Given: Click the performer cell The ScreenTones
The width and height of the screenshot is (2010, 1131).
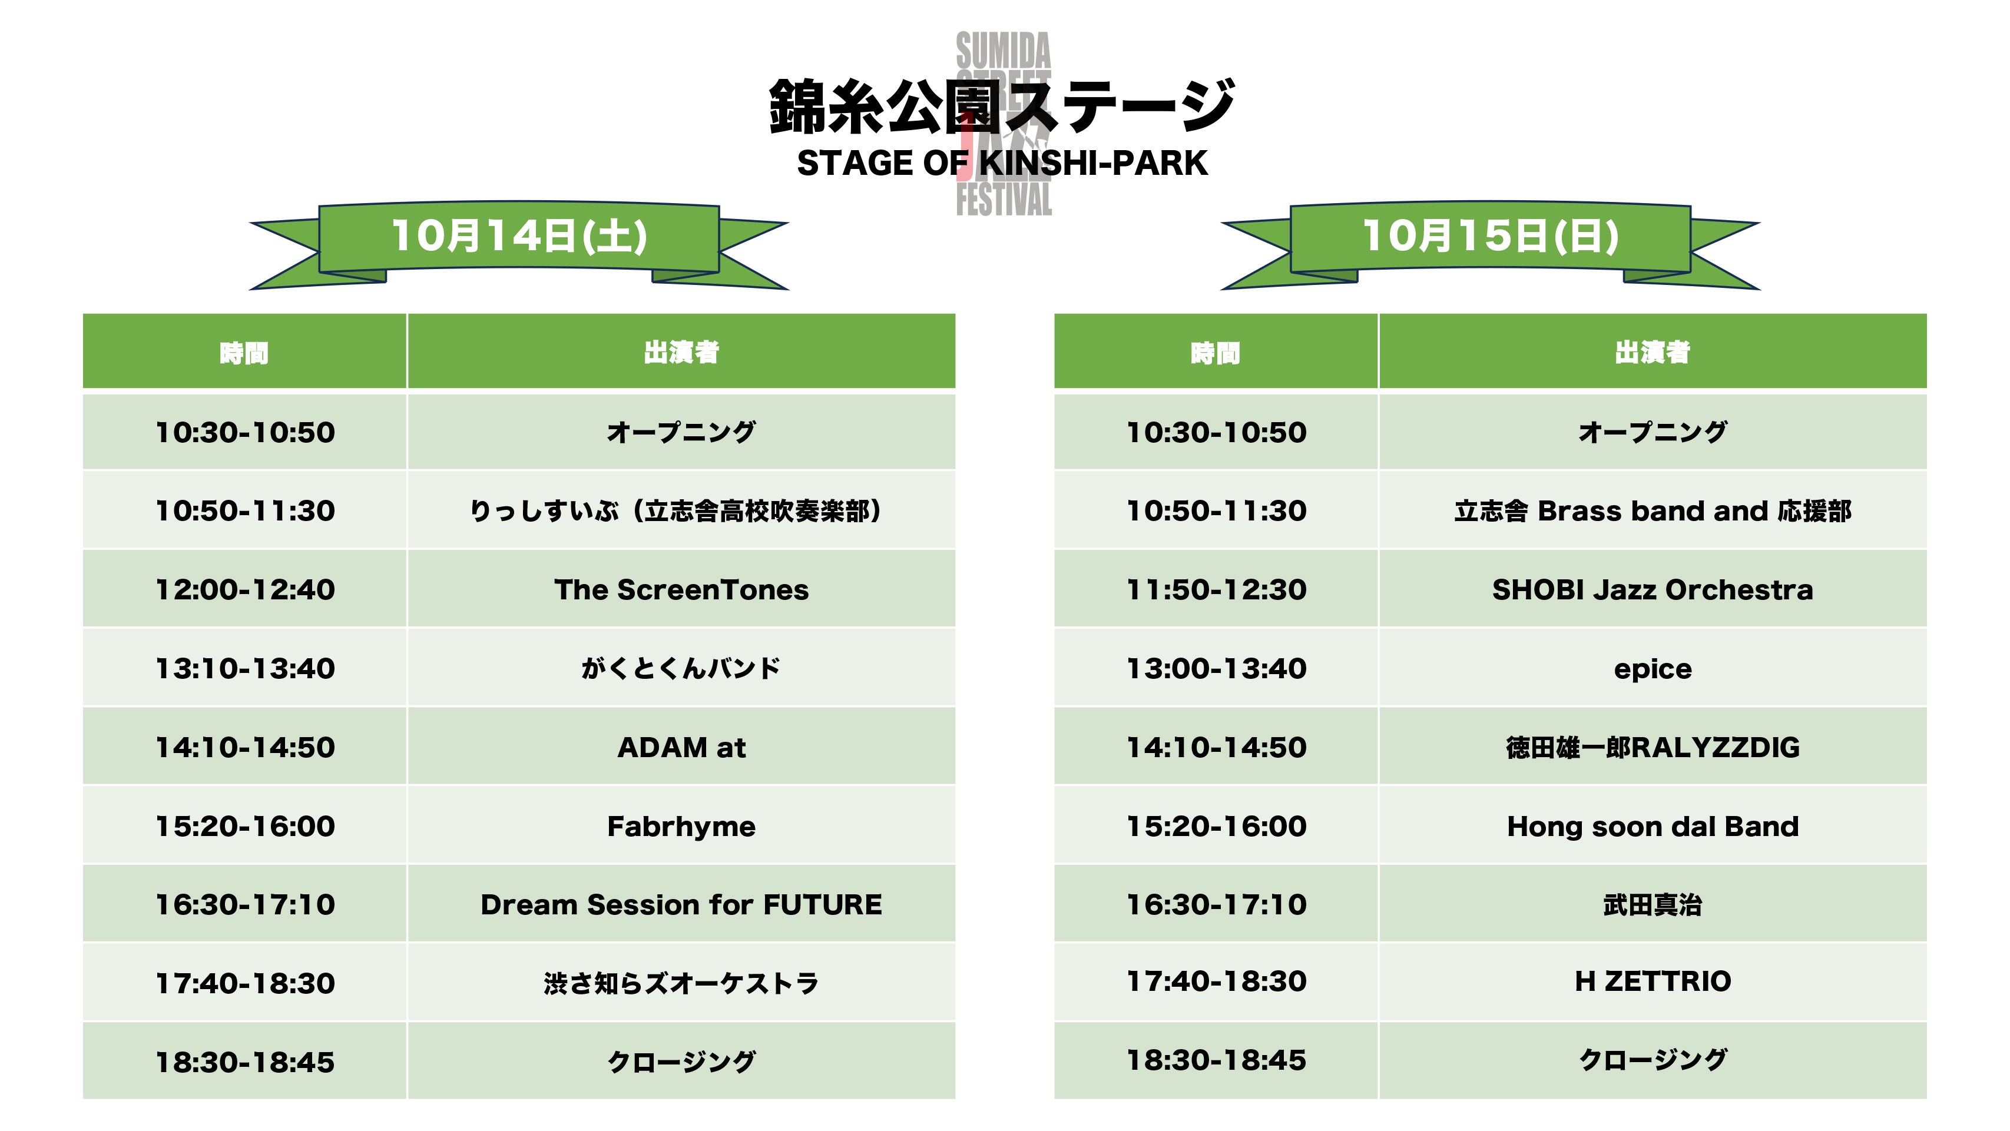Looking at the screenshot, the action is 681,589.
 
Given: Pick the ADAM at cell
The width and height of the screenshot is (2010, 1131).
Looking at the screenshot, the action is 681,747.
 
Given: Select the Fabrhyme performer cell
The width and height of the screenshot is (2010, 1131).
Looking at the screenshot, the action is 681,825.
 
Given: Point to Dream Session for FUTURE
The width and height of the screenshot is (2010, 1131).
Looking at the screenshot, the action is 681,904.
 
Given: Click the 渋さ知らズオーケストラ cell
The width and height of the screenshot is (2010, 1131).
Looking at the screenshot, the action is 681,983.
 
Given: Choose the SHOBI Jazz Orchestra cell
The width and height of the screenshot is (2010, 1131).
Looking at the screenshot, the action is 1653,589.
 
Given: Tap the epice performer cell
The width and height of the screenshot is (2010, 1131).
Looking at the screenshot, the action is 1653,668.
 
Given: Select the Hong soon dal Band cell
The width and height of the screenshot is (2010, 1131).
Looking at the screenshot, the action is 1653,825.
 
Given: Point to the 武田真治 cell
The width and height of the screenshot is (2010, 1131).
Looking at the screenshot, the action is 1653,904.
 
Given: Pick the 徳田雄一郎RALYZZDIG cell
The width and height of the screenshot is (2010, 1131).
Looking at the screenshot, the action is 1653,747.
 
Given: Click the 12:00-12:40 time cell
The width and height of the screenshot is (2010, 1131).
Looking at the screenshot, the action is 245,589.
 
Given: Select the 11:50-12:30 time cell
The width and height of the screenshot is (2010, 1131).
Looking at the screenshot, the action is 1216,589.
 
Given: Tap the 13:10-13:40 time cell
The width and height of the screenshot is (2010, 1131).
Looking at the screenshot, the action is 245,668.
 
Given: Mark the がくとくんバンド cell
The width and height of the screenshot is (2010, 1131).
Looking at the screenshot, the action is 681,668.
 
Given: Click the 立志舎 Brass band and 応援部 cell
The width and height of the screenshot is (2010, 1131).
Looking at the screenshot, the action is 1653,510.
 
